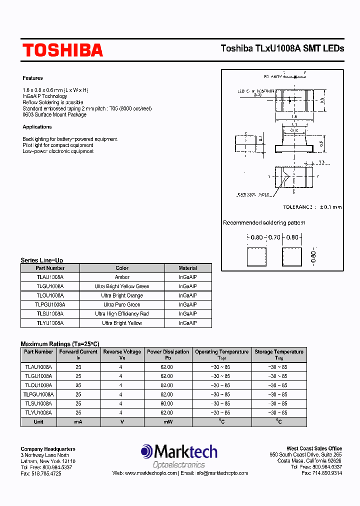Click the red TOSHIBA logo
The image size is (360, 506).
point(62,50)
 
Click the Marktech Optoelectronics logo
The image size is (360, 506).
point(179,457)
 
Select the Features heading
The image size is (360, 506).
point(32,78)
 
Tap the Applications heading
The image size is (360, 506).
point(37,127)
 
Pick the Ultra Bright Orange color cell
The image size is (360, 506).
point(122,295)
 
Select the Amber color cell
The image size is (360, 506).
point(122,277)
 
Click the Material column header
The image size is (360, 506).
point(188,268)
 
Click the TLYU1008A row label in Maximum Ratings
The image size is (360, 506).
point(38,412)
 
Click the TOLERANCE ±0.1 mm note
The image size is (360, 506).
point(312,207)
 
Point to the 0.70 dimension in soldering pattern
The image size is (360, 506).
point(274,237)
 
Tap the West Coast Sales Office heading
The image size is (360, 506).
point(314,448)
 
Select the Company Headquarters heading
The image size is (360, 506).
point(48,449)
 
